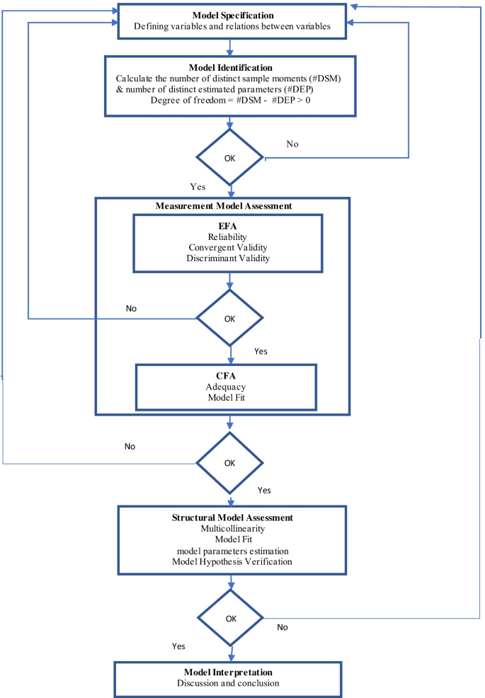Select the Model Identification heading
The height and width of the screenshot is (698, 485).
229,67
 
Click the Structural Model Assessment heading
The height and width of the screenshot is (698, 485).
232,517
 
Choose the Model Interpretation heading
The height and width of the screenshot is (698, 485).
232,672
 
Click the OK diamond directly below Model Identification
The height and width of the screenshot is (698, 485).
229,158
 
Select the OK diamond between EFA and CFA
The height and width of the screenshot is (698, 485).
229,319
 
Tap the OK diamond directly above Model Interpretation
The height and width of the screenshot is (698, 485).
231,618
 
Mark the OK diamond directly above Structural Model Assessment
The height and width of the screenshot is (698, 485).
229,464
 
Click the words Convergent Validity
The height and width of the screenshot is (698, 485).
229,247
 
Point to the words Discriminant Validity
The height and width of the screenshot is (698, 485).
229,258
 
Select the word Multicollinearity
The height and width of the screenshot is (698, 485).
232,529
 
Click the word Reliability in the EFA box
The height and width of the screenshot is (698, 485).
229,236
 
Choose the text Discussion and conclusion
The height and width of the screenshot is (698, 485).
232,683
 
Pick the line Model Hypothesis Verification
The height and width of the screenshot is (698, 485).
232,561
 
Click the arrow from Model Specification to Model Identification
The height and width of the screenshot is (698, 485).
229,47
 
